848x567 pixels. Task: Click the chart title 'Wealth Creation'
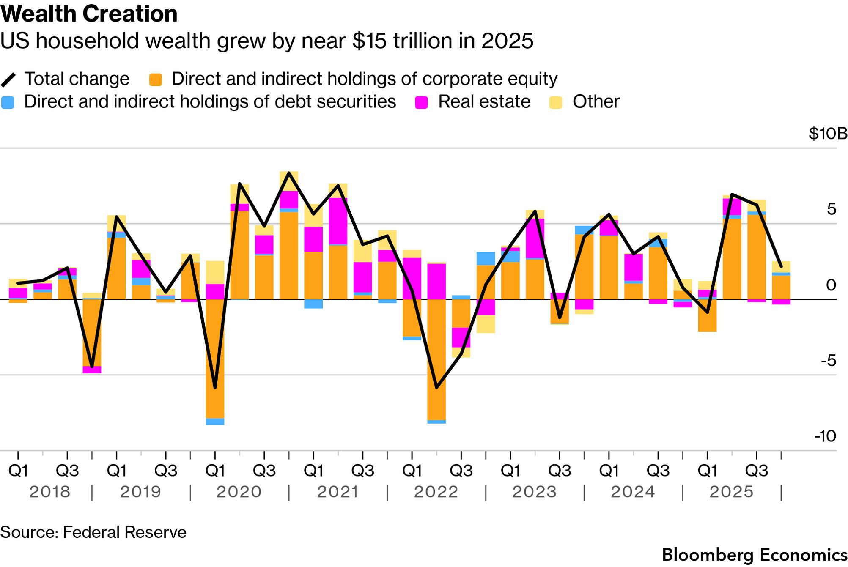click(x=89, y=14)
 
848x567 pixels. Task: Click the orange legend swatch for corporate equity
click(x=156, y=79)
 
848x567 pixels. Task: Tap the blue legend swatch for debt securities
click(x=8, y=102)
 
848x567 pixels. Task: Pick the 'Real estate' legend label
click(x=484, y=102)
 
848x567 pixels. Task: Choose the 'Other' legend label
click(x=596, y=102)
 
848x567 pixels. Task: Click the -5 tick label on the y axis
click(x=828, y=361)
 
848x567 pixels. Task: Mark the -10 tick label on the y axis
click(x=825, y=436)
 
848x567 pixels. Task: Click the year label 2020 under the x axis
click(x=239, y=492)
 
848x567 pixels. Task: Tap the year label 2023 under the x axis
click(x=535, y=492)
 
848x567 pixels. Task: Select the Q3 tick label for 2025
click(x=756, y=471)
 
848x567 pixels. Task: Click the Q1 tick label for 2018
click(x=18, y=471)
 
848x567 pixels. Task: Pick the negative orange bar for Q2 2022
click(x=436, y=359)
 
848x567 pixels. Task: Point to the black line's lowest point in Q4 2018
click(x=92, y=366)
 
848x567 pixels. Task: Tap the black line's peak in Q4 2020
click(x=289, y=173)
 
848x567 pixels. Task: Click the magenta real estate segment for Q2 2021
click(x=338, y=221)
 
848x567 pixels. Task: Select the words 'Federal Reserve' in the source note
click(x=124, y=532)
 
